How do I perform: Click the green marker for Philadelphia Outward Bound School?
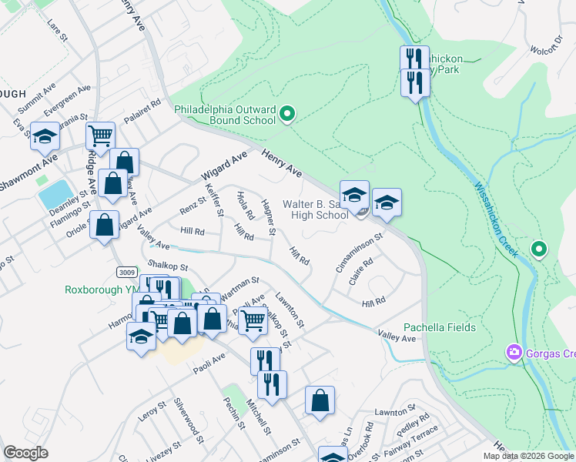[x=287, y=115]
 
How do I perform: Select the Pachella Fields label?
[x=440, y=327]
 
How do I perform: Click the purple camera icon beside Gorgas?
[x=514, y=353]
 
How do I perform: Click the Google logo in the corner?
[x=26, y=453]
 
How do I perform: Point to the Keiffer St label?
[x=214, y=199]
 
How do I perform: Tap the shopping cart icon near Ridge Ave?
[x=100, y=136]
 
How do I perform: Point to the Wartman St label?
[x=239, y=291]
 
